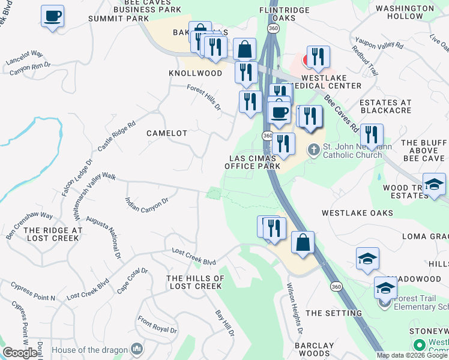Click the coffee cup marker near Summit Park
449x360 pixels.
53,16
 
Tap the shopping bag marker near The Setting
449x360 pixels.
303,242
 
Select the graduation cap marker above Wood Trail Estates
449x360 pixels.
434,184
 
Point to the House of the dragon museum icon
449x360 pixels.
137,349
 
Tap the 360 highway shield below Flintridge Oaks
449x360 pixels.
274,28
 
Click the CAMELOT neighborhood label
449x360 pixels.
167,133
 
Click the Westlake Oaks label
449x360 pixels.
357,213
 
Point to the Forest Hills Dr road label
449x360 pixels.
204,98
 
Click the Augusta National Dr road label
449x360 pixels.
103,238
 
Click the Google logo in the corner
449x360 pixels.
20,353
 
